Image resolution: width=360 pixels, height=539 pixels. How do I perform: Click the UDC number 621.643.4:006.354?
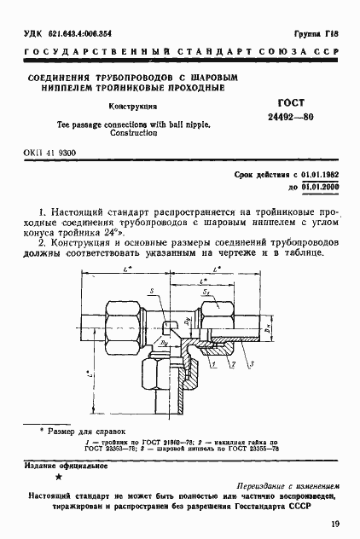74,32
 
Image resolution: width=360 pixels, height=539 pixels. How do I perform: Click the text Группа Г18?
315,32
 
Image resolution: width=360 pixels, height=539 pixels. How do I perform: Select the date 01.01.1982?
317,173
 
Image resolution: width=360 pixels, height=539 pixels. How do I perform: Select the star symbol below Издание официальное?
58,478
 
